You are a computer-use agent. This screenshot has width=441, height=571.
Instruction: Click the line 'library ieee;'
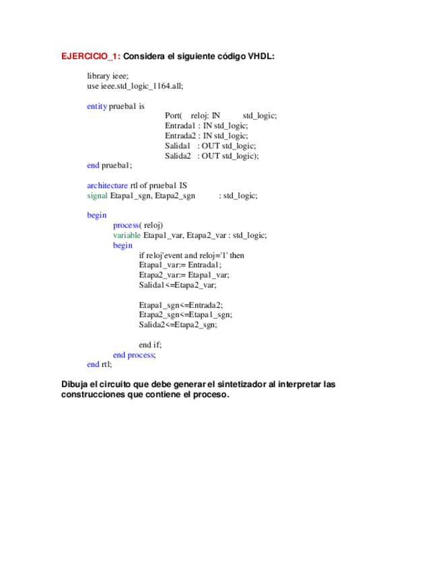tap(107, 77)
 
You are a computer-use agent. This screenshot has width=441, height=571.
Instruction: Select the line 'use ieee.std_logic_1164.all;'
tap(135, 86)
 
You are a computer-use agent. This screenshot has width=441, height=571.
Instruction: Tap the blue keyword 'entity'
tap(97, 106)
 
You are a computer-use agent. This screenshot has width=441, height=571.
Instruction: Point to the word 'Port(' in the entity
tap(174, 116)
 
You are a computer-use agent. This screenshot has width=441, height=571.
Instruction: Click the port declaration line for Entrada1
tap(206, 126)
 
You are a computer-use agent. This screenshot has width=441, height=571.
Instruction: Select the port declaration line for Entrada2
tap(206, 136)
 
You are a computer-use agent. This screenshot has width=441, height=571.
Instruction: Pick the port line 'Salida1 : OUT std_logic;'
tap(210, 146)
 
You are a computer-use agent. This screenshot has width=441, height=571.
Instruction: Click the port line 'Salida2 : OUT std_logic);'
tap(211, 156)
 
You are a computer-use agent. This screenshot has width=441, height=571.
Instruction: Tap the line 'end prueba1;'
tap(110, 166)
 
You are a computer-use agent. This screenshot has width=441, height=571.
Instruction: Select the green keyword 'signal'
tap(97, 195)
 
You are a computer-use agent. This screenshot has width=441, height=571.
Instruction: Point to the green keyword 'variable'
tap(127, 235)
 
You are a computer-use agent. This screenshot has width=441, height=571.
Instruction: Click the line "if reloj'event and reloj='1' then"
tap(191, 255)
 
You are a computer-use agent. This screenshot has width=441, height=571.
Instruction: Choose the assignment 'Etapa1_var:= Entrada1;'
tap(180, 265)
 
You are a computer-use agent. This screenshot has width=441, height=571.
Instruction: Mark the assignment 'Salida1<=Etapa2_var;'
tap(178, 285)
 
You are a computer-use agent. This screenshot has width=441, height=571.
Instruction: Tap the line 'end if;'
tap(150, 344)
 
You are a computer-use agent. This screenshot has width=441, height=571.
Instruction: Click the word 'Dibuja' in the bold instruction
tap(75, 384)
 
